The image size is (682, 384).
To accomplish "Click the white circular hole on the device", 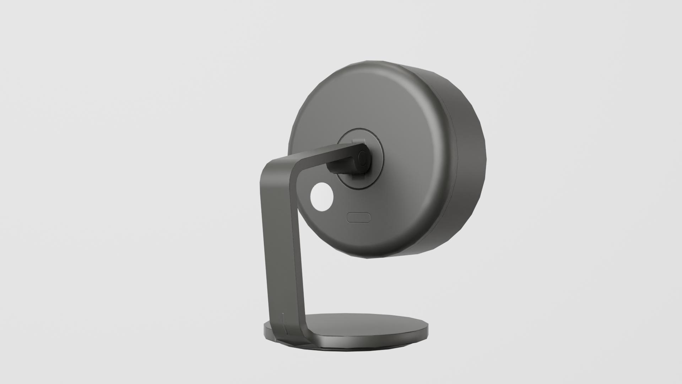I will coord(322,197).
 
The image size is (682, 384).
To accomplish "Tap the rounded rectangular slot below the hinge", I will coord(359,217).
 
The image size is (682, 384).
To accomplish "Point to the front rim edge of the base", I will coord(355,344).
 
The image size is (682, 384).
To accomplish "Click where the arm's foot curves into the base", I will coord(302,336).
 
